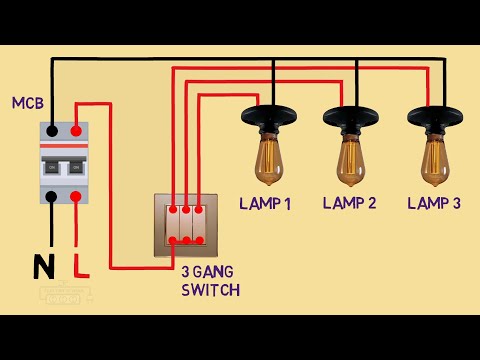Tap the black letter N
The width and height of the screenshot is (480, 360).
(43, 267)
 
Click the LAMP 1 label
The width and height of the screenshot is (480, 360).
(265, 204)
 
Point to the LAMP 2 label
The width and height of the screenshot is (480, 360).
(350, 204)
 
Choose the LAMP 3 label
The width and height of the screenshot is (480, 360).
(435, 204)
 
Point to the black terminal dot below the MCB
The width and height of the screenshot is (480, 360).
(51, 197)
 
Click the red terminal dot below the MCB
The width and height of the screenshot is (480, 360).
(77, 197)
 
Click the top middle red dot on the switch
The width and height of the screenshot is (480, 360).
(187, 211)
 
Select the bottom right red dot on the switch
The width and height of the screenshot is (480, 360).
(201, 240)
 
